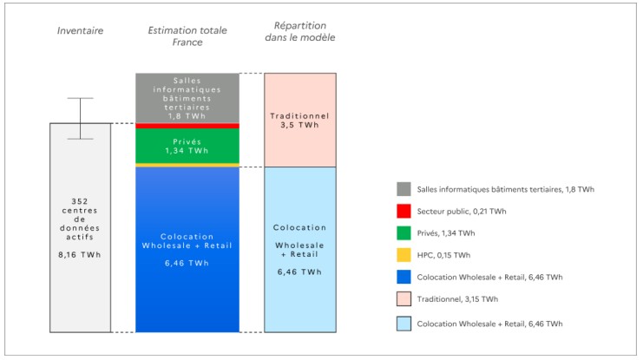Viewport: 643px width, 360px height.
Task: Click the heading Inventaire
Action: point(80,30)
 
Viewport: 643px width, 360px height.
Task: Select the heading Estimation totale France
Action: point(187,36)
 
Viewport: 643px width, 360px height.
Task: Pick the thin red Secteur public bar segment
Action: point(187,126)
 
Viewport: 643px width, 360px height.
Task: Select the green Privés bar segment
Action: point(187,145)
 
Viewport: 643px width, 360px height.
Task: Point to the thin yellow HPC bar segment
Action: point(187,165)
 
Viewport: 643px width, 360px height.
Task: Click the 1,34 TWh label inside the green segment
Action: point(187,151)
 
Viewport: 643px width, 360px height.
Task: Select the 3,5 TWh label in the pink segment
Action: point(300,126)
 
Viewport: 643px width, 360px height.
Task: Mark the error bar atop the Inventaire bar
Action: point(80,118)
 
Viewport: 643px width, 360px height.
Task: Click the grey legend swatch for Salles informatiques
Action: point(403,189)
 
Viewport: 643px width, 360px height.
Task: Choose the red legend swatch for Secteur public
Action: point(403,212)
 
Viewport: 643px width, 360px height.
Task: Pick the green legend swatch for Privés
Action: point(403,233)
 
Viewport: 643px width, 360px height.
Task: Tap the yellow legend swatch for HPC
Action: point(403,256)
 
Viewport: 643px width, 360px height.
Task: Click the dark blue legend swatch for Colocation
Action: point(403,278)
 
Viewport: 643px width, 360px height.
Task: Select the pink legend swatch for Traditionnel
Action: point(403,300)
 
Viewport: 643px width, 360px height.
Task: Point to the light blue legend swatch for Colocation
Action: point(403,323)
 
